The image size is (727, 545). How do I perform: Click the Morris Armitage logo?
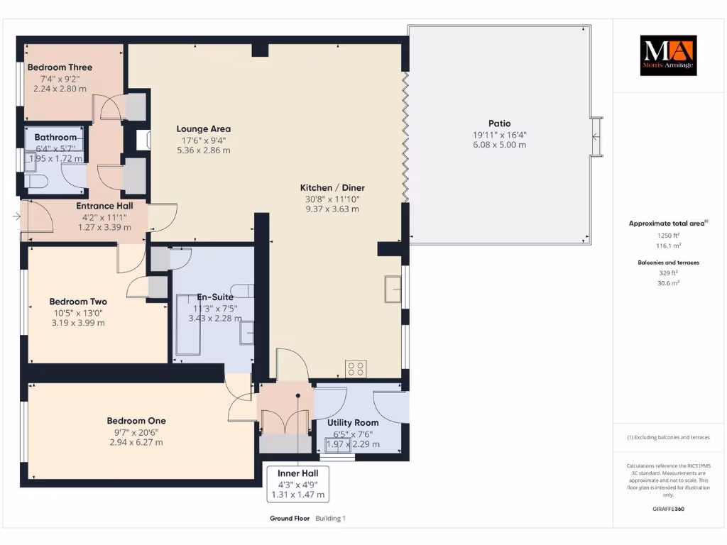(668, 55)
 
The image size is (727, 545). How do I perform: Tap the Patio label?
(499, 123)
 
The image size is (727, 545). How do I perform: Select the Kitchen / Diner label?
(332, 188)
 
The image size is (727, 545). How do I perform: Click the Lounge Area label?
(204, 129)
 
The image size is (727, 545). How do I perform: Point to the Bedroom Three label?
(60, 68)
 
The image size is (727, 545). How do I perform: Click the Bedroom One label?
(136, 421)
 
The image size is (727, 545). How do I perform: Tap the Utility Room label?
(353, 423)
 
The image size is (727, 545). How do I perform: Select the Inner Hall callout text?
(298, 473)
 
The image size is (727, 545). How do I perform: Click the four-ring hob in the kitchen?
(356, 369)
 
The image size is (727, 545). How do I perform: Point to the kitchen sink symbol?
(392, 288)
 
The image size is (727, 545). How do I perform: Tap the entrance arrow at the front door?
(16, 216)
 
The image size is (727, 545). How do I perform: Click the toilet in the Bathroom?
(36, 182)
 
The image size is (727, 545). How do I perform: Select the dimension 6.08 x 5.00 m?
(499, 145)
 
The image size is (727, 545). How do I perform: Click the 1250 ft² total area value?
(668, 235)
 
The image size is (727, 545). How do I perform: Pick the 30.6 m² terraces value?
(668, 282)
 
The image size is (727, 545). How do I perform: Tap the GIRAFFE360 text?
(668, 509)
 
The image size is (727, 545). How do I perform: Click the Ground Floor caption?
(290, 519)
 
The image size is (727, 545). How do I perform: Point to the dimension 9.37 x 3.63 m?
(332, 209)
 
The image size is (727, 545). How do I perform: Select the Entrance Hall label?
(104, 206)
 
